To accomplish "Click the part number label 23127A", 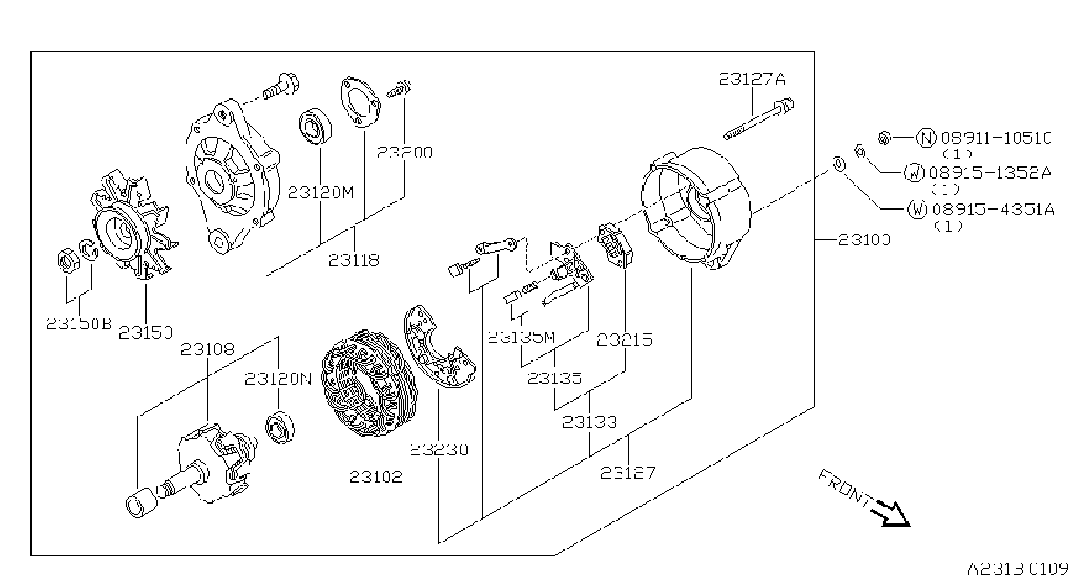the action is [752, 80].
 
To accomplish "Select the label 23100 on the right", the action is [863, 239].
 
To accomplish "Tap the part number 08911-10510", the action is [996, 137].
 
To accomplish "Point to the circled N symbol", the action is [926, 137].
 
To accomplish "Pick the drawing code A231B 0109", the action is [1017, 569].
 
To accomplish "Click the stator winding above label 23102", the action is [369, 383].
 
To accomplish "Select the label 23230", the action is [439, 450].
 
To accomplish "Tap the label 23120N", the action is [278, 379].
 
